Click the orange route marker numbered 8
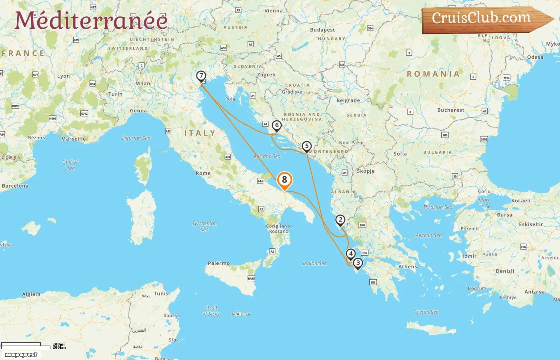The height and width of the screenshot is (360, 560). [284, 180]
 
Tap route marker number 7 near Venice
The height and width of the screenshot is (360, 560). [201, 76]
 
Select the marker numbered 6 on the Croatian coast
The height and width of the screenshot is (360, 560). [276, 126]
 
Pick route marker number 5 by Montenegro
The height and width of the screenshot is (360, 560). [306, 146]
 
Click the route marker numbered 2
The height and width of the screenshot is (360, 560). [340, 220]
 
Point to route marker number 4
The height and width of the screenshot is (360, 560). [350, 254]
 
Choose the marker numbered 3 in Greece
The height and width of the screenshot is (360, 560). [358, 263]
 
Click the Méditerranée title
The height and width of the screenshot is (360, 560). [91, 20]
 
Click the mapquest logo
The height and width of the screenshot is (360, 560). [21, 355]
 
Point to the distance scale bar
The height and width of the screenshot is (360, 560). [26, 345]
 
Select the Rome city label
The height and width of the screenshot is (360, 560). [203, 173]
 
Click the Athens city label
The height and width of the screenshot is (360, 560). [407, 266]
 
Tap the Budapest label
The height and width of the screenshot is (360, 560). [322, 30]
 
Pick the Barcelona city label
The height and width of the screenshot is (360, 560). [15, 186]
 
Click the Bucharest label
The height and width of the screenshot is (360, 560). [451, 110]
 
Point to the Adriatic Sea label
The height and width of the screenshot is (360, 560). [267, 156]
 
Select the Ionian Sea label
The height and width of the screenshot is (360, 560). [314, 263]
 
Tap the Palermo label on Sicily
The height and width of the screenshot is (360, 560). [219, 263]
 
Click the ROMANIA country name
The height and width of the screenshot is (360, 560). [433, 74]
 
